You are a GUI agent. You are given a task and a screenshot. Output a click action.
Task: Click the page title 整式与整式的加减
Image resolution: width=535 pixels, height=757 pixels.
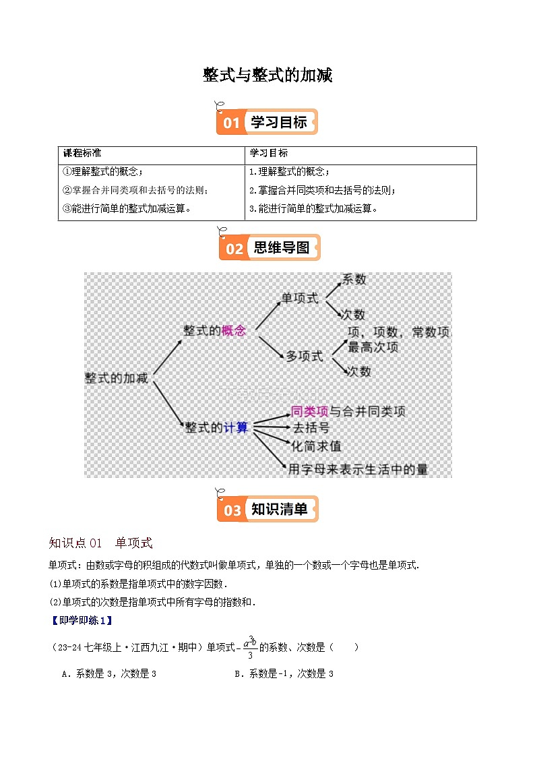pos(267,75)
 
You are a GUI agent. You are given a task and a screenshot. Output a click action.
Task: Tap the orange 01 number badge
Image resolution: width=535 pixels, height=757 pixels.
pos(231,123)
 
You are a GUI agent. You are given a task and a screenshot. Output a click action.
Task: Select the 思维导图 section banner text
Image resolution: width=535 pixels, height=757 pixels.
pos(281,248)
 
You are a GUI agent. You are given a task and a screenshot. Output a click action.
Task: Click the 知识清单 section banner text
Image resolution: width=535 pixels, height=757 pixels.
pos(279,510)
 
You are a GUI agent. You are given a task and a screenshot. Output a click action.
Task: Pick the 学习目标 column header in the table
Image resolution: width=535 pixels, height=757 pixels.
pos(268,154)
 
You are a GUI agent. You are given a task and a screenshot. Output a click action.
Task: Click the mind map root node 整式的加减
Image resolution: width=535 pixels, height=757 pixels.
pos(116,378)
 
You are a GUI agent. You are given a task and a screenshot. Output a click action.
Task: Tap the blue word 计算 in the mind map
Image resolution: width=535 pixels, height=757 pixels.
pos(235,427)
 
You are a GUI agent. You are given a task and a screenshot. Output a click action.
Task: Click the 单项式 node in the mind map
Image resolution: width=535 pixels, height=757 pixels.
pos(300,298)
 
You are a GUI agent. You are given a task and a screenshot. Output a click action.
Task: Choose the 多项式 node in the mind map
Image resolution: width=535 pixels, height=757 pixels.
pos(305,356)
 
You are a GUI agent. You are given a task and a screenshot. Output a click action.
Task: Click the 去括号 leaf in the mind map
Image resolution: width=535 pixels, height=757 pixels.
pos(311,428)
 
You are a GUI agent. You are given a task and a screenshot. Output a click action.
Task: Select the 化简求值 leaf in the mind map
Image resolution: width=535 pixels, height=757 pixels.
pos(316,446)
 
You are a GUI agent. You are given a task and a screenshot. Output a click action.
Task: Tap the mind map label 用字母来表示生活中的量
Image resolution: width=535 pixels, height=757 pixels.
pos(358,469)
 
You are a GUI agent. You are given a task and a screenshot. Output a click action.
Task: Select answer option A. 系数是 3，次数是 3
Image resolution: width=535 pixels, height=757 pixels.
pos(109,673)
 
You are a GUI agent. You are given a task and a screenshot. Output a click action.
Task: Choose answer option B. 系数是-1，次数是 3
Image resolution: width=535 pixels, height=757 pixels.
pos(284,673)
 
